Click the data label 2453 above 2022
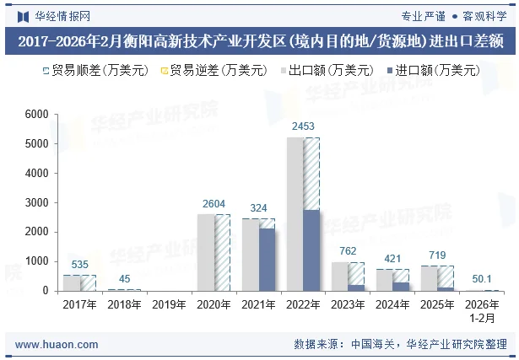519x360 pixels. coord(303,127)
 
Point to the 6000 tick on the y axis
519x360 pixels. coord(36,115)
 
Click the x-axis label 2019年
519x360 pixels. coord(169,305)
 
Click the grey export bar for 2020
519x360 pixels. coord(205,252)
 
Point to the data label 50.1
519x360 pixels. coord(482,279)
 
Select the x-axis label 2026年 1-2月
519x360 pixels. coord(482,310)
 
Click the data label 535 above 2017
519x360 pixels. coord(79,265)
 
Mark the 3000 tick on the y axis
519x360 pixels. coord(36,202)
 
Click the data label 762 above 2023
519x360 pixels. coord(348,251)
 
